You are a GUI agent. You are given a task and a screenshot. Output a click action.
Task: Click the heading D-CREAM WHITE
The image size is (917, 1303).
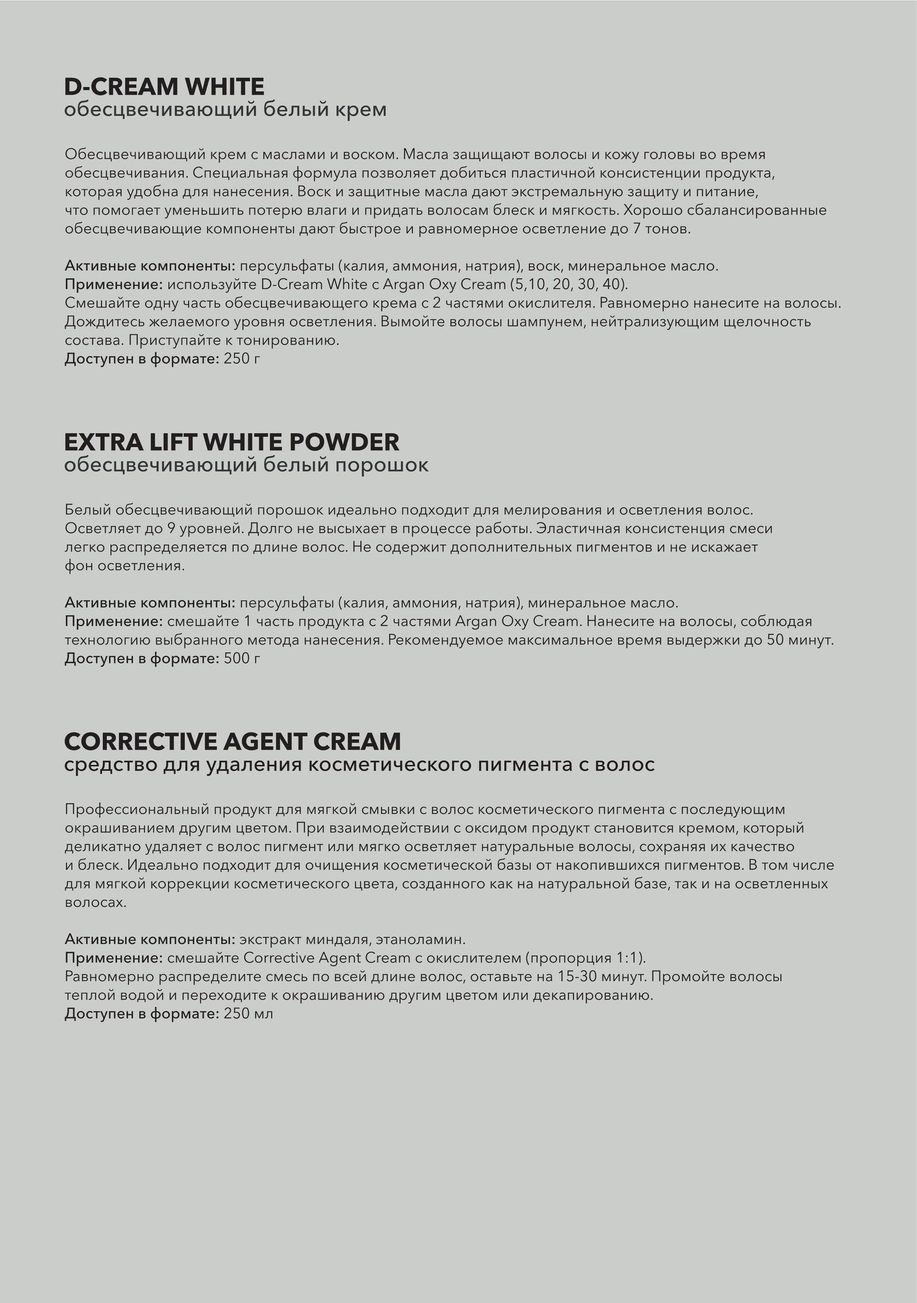coord(164,87)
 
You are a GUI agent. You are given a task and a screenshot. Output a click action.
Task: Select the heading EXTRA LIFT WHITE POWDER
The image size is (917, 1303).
coord(231,442)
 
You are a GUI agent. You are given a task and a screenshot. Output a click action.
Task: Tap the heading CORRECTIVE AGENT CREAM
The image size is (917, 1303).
coord(232,741)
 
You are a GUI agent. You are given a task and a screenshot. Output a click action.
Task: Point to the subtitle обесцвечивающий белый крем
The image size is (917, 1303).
coord(225,109)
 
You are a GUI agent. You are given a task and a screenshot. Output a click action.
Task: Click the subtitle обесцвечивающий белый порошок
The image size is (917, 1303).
coord(246,465)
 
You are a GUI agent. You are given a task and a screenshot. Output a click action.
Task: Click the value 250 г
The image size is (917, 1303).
coord(242,359)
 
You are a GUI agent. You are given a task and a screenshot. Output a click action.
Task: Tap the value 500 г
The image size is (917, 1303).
coord(242,658)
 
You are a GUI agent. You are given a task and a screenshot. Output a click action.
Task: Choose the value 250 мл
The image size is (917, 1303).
coord(248,1013)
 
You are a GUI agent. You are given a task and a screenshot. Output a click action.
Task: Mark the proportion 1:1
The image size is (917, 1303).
coord(629,958)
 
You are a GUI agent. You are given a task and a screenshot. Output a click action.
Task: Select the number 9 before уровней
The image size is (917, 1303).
coord(171,529)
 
